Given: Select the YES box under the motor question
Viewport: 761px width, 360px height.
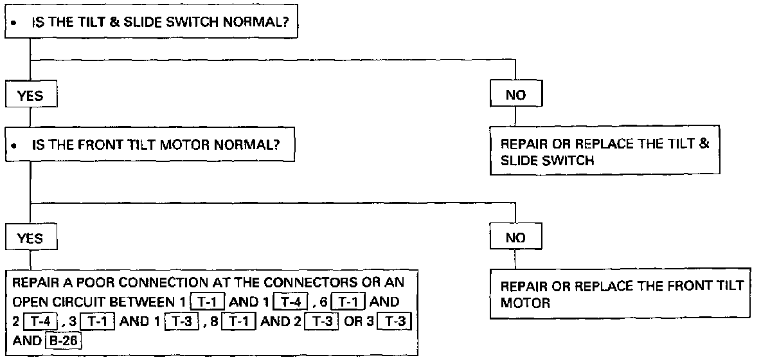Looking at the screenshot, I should [30, 238].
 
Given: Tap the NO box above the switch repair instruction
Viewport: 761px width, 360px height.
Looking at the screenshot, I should [515, 95].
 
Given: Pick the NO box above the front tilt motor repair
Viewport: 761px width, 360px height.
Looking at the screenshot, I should [515, 238].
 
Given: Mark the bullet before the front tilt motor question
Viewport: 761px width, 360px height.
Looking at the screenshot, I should [13, 146].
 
